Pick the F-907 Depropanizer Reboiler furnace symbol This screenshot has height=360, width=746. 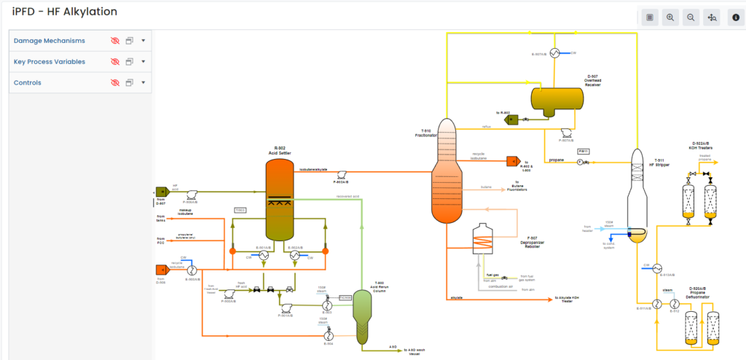click(x=482, y=238)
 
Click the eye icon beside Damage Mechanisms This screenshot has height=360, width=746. click(x=114, y=41)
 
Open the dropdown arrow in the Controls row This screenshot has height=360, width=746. click(x=144, y=82)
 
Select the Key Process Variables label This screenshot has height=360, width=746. click(x=49, y=62)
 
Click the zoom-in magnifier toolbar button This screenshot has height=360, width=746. click(x=670, y=17)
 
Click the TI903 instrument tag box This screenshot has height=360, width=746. click(x=240, y=210)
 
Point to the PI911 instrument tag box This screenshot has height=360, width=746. click(x=583, y=151)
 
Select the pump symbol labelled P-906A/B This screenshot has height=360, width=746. click(x=192, y=195)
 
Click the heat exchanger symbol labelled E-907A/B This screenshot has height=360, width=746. click(x=554, y=52)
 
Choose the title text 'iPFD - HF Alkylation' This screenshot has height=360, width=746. click(x=65, y=12)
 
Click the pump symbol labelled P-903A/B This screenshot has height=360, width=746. click(x=341, y=174)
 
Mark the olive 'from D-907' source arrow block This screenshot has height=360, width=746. click(x=162, y=192)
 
